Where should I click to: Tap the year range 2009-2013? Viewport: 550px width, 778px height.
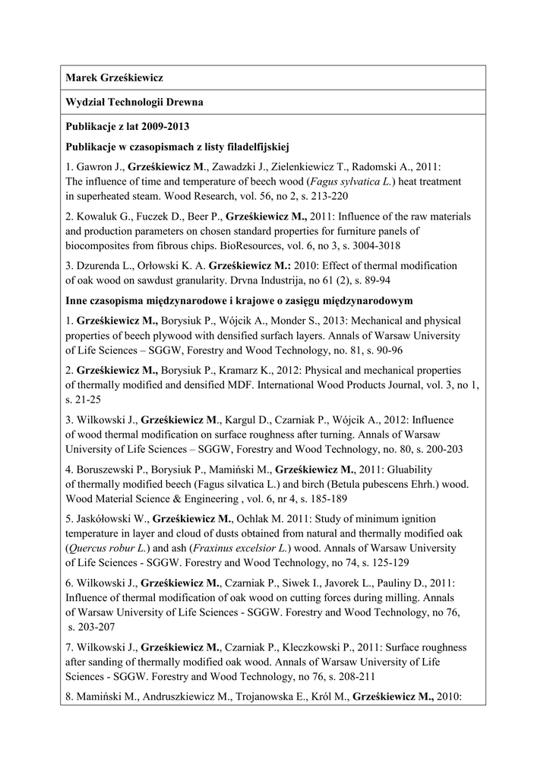coord(164,126)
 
